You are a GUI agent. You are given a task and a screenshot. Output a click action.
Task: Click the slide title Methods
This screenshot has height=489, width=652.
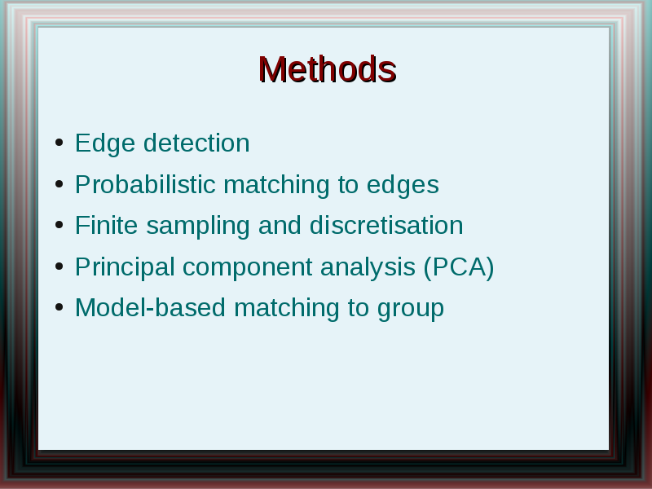(328, 69)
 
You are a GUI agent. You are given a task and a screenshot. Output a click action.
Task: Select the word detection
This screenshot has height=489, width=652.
(196, 143)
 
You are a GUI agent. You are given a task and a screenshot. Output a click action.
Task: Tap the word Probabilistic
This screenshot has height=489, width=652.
(145, 184)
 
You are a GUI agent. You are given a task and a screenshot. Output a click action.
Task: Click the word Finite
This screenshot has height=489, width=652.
(107, 225)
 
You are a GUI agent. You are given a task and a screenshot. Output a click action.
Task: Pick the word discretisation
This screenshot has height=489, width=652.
(386, 225)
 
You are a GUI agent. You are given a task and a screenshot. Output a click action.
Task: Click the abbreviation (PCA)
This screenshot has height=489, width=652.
(459, 267)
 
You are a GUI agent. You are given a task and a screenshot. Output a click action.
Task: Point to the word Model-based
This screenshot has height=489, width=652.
(150, 307)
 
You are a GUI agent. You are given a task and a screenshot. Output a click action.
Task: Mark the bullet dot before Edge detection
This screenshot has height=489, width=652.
(59, 143)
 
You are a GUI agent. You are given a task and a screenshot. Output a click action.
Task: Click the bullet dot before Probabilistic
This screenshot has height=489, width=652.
(59, 184)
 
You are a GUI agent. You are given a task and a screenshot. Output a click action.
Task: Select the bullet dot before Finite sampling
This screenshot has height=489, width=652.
(59, 225)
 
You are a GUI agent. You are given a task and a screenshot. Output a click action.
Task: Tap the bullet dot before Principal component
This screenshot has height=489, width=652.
(59, 267)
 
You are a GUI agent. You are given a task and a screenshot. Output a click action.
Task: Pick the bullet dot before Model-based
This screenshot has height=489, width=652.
(59, 307)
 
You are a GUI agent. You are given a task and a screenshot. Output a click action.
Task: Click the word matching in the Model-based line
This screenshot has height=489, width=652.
(287, 309)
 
